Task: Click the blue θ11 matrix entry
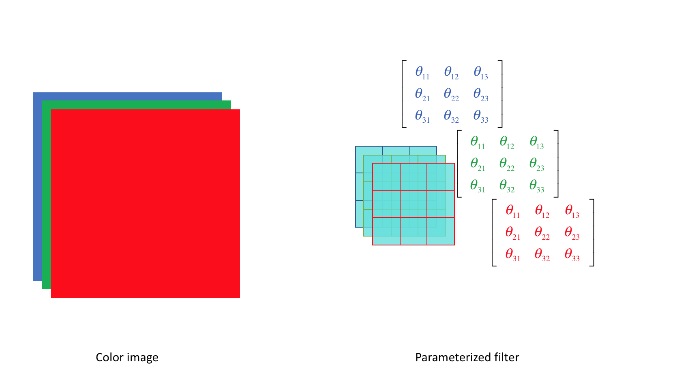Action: [422, 72]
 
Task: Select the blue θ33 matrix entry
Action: [481, 116]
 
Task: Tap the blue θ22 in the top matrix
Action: [451, 94]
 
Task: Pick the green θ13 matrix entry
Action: [537, 142]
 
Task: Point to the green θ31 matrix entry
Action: [478, 186]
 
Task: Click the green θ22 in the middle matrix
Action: [507, 164]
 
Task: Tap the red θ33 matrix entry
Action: [572, 255]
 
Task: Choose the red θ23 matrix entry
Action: [572, 233]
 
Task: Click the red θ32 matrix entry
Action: [542, 255]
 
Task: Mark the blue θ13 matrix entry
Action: [481, 72]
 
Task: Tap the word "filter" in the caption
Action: [506, 358]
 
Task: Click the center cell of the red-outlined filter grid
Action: [414, 204]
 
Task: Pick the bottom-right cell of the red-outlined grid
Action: [441, 231]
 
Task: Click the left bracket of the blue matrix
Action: [404, 94]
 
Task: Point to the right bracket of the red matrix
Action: [592, 232]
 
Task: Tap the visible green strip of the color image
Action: [46, 194]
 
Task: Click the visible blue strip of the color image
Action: [37, 186]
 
